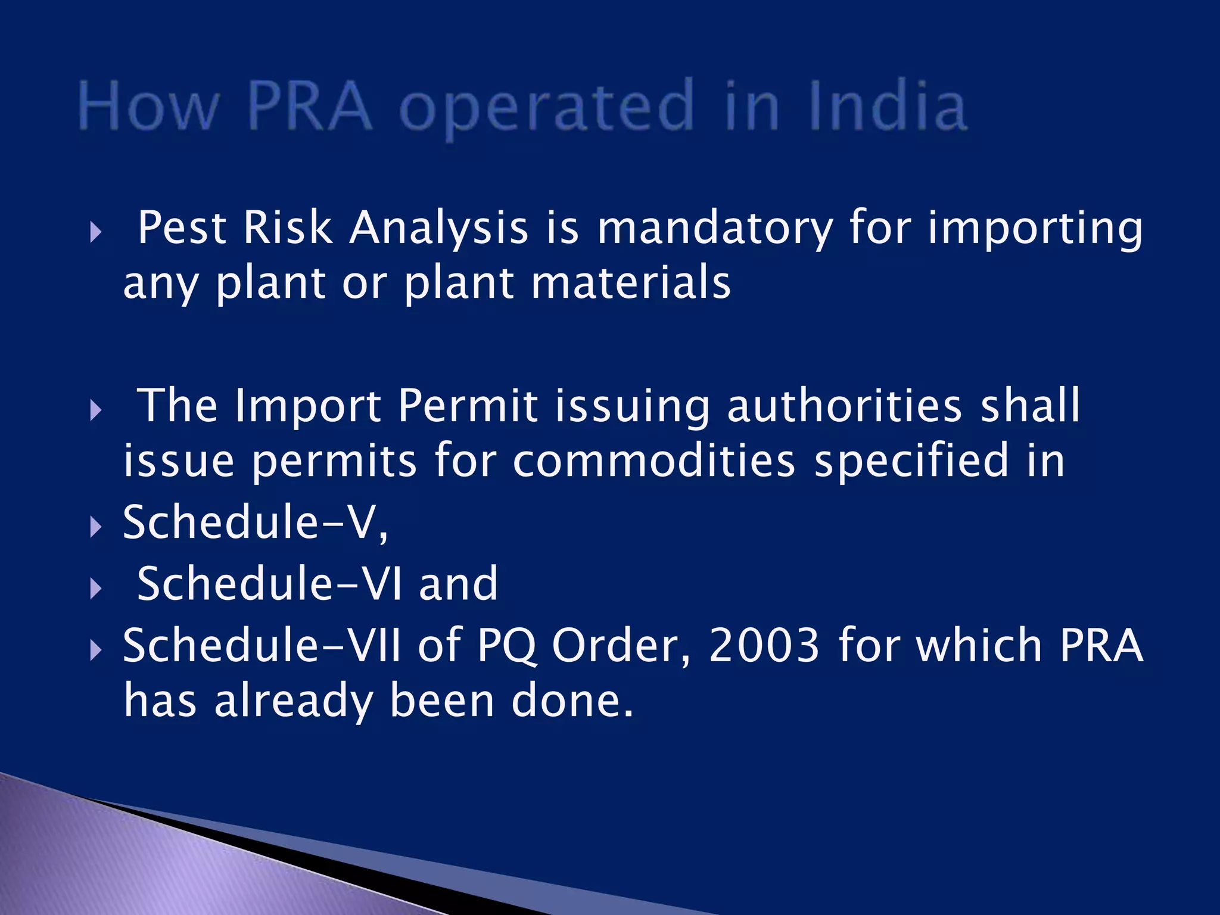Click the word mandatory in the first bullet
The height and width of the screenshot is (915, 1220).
pos(714,228)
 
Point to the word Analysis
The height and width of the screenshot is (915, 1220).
pos(438,228)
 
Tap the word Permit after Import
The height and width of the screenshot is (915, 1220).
pos(468,406)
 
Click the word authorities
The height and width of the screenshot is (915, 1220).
pos(844,406)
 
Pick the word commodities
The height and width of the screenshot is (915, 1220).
pos(653,461)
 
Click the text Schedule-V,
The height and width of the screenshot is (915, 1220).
pos(256,522)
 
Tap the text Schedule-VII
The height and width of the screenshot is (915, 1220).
pos(262,645)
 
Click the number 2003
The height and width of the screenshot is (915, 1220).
pos(764,645)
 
